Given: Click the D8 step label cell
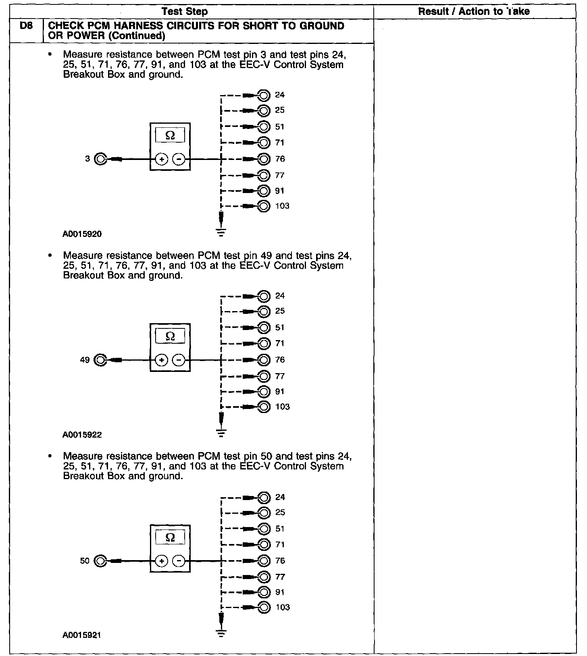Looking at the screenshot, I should coord(25,27).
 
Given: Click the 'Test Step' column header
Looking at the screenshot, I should coord(185,12).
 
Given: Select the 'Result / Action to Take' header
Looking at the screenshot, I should coord(474,12).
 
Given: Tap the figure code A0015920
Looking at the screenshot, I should coord(82,234).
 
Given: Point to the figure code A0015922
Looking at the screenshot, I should coord(82,435).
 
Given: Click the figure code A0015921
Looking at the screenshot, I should coord(82,635).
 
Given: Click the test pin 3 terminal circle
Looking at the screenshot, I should coord(100,159).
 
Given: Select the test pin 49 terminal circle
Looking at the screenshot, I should coord(100,360).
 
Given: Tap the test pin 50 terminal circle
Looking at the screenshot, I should coord(100,561).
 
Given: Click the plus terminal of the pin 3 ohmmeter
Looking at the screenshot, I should coord(161,160).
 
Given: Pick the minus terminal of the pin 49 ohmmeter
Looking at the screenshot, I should coord(179,360).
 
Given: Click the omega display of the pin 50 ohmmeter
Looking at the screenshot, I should coord(170,538).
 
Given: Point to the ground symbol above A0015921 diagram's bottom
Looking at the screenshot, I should coord(221,633).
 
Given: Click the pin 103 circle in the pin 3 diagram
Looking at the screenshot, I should coord(264,206).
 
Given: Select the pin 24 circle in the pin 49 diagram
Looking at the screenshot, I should coord(264,296).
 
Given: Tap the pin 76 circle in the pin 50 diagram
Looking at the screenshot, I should coord(264,561).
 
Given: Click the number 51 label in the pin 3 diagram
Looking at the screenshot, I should coord(280,127).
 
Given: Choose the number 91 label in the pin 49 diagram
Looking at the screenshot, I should coord(280,392).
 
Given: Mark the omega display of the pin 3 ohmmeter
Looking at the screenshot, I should coord(170,136).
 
